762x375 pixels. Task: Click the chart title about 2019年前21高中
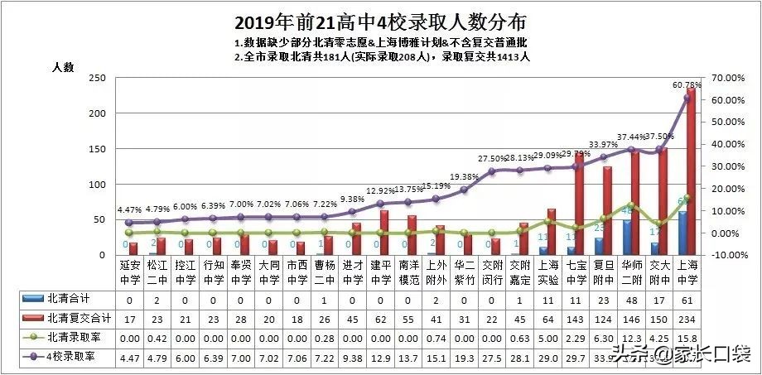click(380, 21)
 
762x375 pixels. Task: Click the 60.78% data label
click(687, 84)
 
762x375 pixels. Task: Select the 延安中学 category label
click(128, 272)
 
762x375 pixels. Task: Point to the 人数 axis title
click(65, 66)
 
